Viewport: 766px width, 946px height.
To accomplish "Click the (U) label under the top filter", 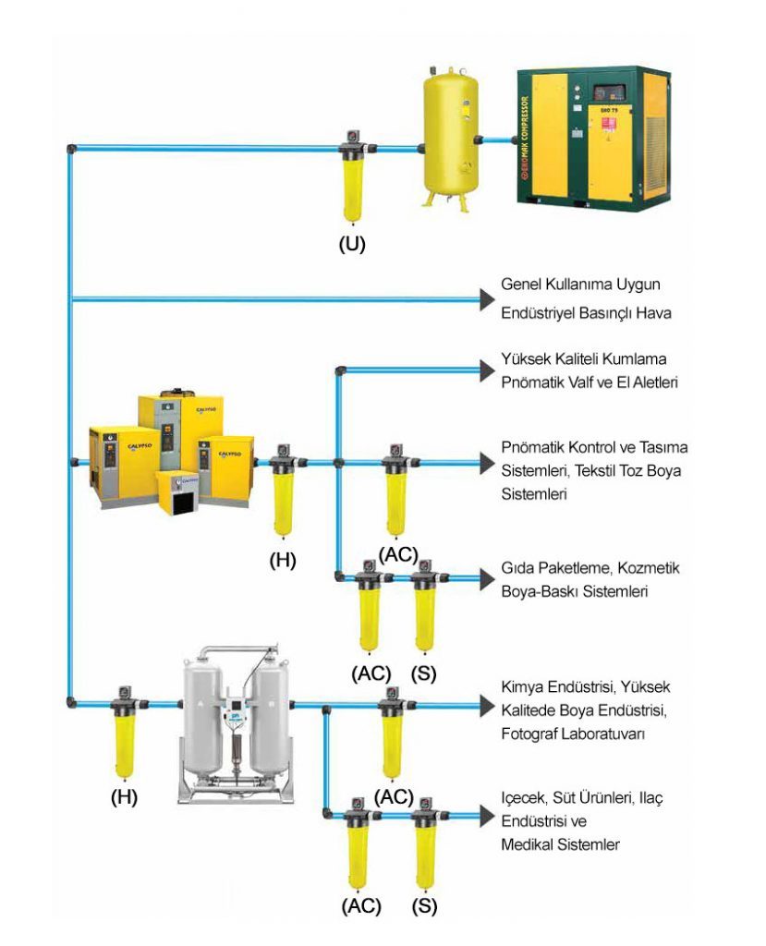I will [x=352, y=245].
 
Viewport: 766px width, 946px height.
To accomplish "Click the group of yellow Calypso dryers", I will [x=172, y=453].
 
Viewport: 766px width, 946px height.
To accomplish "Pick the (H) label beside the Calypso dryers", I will [x=282, y=560].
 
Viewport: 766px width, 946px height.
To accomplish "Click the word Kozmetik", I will [x=653, y=568].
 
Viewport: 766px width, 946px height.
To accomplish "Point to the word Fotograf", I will [x=530, y=734].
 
